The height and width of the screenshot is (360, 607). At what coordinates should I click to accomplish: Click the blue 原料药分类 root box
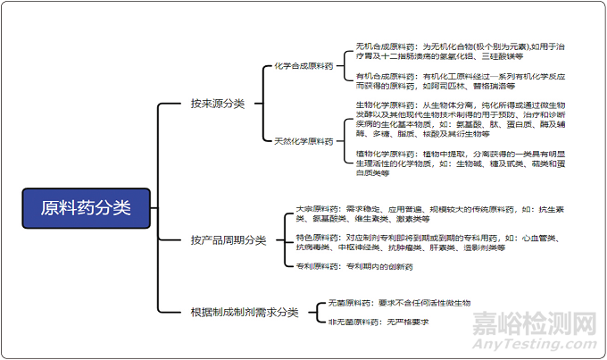point(86,207)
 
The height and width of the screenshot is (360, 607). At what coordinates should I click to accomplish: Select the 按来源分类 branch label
point(217,105)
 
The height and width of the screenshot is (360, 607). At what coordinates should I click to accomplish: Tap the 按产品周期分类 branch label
point(229,239)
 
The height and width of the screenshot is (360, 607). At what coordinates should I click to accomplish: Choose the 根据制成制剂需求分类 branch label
point(245,313)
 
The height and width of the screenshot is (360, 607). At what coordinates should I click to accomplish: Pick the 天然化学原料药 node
point(304,141)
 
